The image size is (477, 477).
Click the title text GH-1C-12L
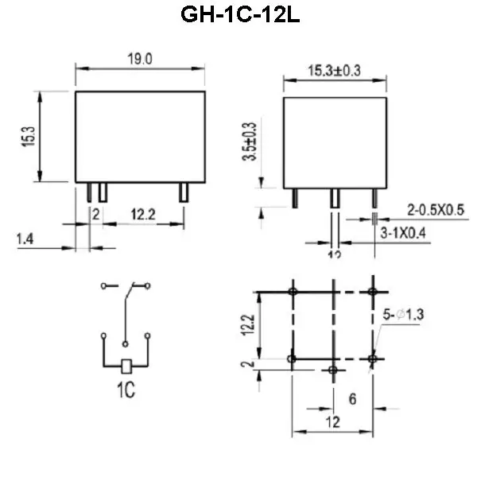(238, 16)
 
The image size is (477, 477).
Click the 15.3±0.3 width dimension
(334, 71)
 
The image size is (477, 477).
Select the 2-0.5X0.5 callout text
(435, 210)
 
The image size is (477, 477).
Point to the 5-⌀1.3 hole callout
(403, 316)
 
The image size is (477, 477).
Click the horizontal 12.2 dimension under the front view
(143, 214)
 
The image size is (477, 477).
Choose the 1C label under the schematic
(125, 392)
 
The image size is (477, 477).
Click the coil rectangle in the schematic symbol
(126, 366)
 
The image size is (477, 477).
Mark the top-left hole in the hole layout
(293, 293)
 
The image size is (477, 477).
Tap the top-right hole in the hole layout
(373, 293)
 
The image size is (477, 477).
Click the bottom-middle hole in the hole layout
(333, 370)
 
